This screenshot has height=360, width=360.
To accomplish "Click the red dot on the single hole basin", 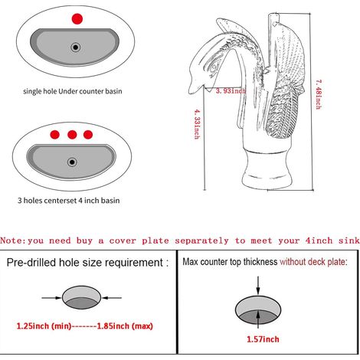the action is coord(77,19).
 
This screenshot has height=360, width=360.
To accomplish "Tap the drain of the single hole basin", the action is coord(76,47).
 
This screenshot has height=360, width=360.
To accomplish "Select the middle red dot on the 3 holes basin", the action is coord(72,135).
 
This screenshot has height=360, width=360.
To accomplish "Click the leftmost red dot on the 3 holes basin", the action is coord(55,135).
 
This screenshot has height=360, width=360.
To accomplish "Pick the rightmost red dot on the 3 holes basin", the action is coord(88,135).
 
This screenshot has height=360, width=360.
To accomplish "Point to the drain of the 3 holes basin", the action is coord(72,162).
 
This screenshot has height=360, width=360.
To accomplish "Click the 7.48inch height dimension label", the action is coord(319,94).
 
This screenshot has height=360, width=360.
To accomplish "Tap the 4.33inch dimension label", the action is coord(197,124).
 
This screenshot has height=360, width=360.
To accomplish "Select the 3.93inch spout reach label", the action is coord(231,91).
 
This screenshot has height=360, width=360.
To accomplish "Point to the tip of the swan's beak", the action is coord(190,92).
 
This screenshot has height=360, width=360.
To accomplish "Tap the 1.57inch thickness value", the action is coord(263,339).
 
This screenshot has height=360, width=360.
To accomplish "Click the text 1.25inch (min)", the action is coord(44,326).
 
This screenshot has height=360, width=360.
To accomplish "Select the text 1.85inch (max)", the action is coord(125,326).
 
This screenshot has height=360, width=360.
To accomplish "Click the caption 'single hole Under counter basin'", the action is coord(73,91).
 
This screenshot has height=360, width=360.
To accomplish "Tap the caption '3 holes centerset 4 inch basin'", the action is coord(68,201).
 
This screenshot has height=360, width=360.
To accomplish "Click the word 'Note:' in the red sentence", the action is coord(13,241).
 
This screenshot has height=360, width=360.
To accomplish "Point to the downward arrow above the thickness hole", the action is coord(258,285).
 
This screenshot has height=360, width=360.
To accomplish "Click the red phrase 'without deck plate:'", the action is coord(313,262).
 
